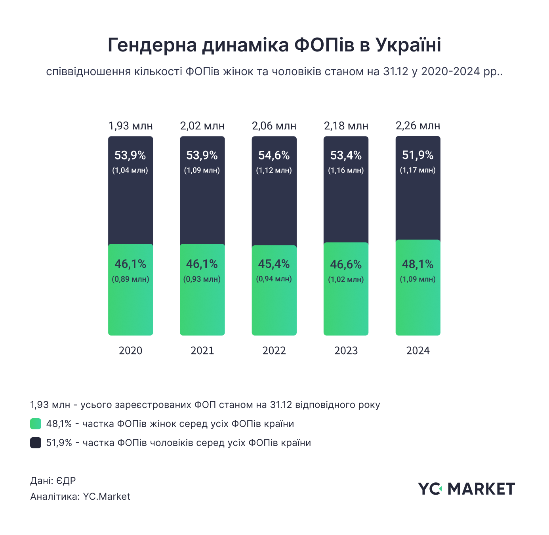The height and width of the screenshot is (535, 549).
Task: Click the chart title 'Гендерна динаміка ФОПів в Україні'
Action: pos(274,45)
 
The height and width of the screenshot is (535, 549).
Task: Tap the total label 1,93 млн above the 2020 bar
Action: pos(131,126)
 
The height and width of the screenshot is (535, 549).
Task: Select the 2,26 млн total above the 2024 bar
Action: pos(418,126)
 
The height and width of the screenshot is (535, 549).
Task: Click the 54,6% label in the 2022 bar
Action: pos(274,155)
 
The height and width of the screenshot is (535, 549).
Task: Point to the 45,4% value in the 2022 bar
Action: pos(274,264)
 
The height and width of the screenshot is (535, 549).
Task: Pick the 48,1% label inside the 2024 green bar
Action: pos(418,264)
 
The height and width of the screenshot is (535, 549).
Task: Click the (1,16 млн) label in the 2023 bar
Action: pos(346,171)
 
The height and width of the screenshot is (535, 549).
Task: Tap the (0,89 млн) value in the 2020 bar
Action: pos(131,279)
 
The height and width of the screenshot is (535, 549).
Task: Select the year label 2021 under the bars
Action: pos(202,351)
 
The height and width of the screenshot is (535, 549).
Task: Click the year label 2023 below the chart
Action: pos(346,351)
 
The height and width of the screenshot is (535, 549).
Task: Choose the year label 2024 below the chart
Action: pos(418,351)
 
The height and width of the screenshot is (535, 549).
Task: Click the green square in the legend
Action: pos(36,424)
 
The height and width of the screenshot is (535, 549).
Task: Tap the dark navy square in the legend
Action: pos(36,443)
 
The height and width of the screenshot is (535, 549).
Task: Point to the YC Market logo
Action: pos(466,489)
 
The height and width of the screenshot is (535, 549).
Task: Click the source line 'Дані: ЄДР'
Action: pos(53,481)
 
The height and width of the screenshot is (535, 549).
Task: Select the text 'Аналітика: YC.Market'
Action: pos(80,497)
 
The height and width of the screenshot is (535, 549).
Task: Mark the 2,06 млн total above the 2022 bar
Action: pos(274,126)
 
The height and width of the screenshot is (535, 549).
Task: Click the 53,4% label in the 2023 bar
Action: pos(346,155)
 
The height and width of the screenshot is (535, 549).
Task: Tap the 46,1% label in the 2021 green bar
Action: pos(202,264)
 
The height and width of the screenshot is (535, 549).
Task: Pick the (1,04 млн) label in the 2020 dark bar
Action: pos(130,171)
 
